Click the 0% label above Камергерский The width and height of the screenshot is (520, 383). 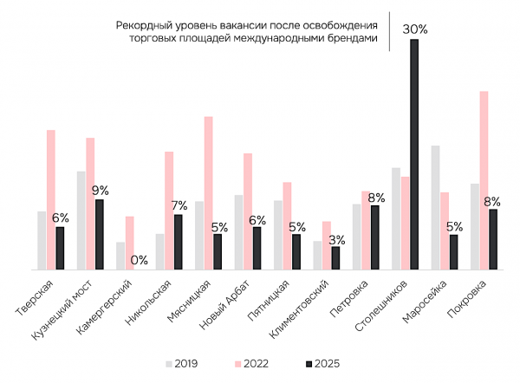click(139, 259)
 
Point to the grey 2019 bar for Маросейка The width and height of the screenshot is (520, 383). click(435, 208)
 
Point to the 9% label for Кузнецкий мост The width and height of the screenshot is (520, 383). click(100, 191)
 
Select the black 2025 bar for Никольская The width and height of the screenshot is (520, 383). click(179, 242)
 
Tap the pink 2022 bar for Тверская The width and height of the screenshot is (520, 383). click(51, 199)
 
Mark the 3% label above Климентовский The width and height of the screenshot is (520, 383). click(336, 239)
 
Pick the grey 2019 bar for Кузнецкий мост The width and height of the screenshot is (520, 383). click(81, 220)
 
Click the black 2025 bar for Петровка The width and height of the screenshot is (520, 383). click(375, 237)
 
